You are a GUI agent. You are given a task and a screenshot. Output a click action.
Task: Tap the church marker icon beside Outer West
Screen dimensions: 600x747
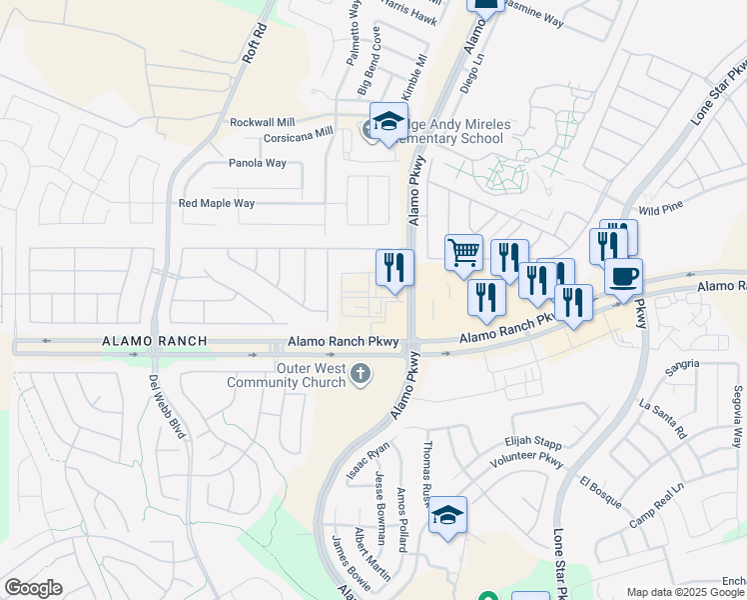361,375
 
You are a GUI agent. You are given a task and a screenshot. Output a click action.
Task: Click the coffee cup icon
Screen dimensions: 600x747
624,275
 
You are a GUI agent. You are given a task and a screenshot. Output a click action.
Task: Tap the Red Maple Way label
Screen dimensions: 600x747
217,203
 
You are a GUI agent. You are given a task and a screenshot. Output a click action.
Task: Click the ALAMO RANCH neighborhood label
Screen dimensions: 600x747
155,341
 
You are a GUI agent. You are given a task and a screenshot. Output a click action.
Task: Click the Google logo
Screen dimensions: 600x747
33,588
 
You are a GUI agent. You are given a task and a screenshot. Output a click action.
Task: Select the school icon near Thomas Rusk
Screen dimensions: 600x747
448,516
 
